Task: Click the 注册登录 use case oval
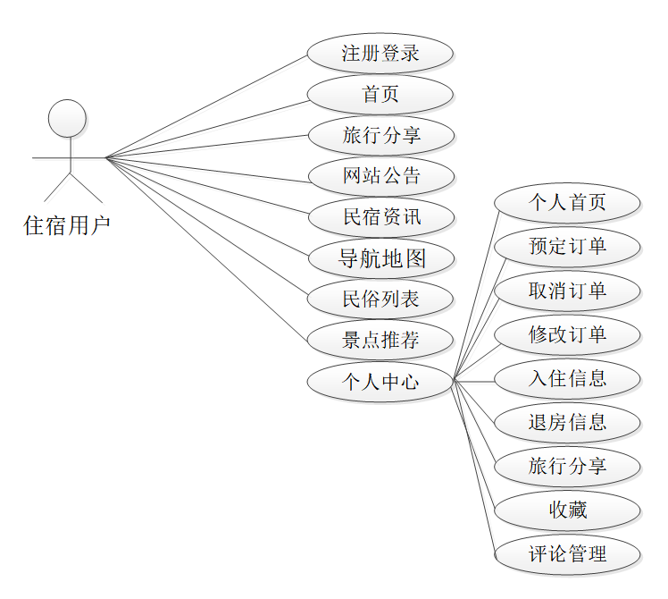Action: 380,53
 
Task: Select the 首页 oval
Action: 380,94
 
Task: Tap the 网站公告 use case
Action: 380,176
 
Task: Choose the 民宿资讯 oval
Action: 380,217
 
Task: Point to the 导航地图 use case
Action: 380,259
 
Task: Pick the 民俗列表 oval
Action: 380,299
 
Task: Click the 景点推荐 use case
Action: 380,341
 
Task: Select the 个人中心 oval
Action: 380,383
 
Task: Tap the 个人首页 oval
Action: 567,203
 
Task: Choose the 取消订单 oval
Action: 567,291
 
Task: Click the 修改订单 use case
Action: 567,334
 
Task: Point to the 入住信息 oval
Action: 567,378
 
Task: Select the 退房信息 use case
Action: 567,422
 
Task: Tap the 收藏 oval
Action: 567,510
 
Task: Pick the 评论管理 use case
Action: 567,554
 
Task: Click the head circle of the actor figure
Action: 67,118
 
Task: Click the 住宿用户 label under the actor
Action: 67,225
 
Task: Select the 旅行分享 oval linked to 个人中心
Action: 567,466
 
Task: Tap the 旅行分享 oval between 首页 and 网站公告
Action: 380,136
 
